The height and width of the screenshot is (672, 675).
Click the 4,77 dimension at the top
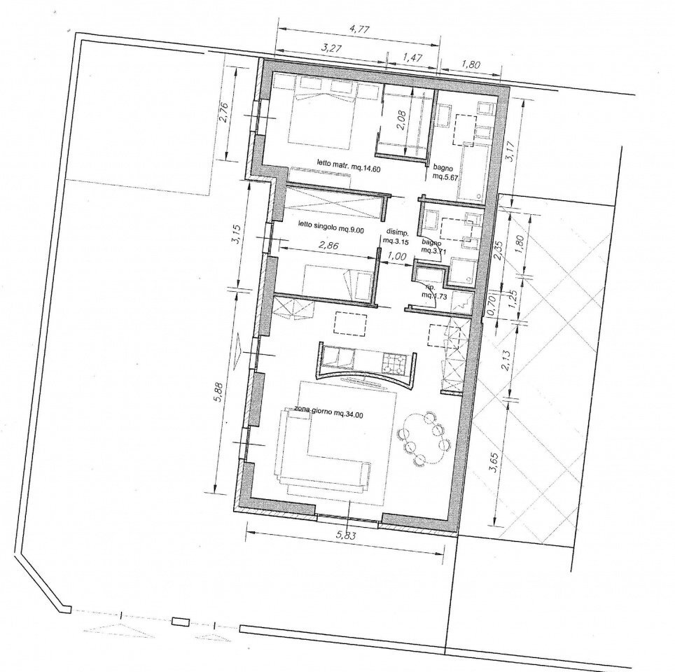pos(359,30)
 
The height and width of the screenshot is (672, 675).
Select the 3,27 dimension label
pos(331,48)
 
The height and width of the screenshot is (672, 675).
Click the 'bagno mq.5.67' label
pos(445,172)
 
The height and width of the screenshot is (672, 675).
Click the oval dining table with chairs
pos(423,439)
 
